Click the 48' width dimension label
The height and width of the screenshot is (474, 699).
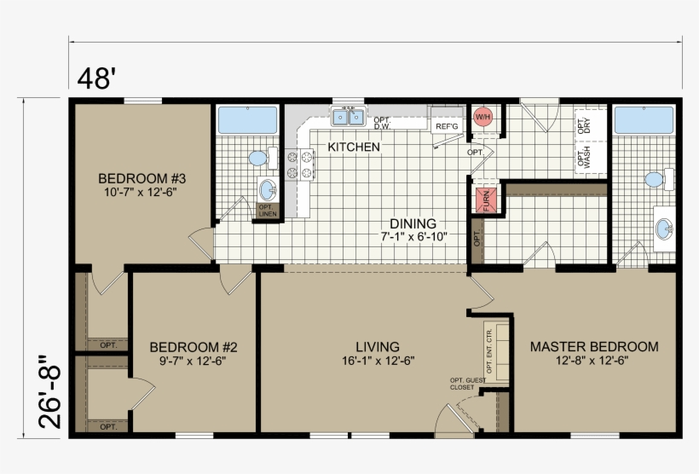pyautogui.click(x=95, y=78)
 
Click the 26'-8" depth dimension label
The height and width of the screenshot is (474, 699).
pyautogui.click(x=50, y=391)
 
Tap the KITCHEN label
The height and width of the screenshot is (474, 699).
pyautogui.click(x=354, y=147)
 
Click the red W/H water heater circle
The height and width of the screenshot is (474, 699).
pyautogui.click(x=483, y=117)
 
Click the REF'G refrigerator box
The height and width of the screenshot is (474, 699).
pyautogui.click(x=447, y=126)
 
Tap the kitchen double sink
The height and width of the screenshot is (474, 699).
pyautogui.click(x=348, y=117)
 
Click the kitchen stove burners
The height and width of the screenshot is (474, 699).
pyautogui.click(x=300, y=165)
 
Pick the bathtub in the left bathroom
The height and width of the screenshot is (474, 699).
pyautogui.click(x=247, y=120)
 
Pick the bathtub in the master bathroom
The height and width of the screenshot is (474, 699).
pyautogui.click(x=644, y=121)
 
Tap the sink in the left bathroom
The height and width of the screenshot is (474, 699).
pyautogui.click(x=268, y=188)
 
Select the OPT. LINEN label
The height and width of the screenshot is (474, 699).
pyautogui.click(x=267, y=210)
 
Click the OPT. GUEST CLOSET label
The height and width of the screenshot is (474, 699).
pyautogui.click(x=463, y=384)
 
